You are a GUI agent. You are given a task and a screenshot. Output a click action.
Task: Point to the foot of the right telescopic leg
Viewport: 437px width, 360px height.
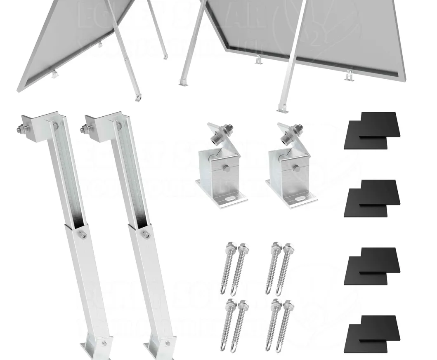tap(157, 348)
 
